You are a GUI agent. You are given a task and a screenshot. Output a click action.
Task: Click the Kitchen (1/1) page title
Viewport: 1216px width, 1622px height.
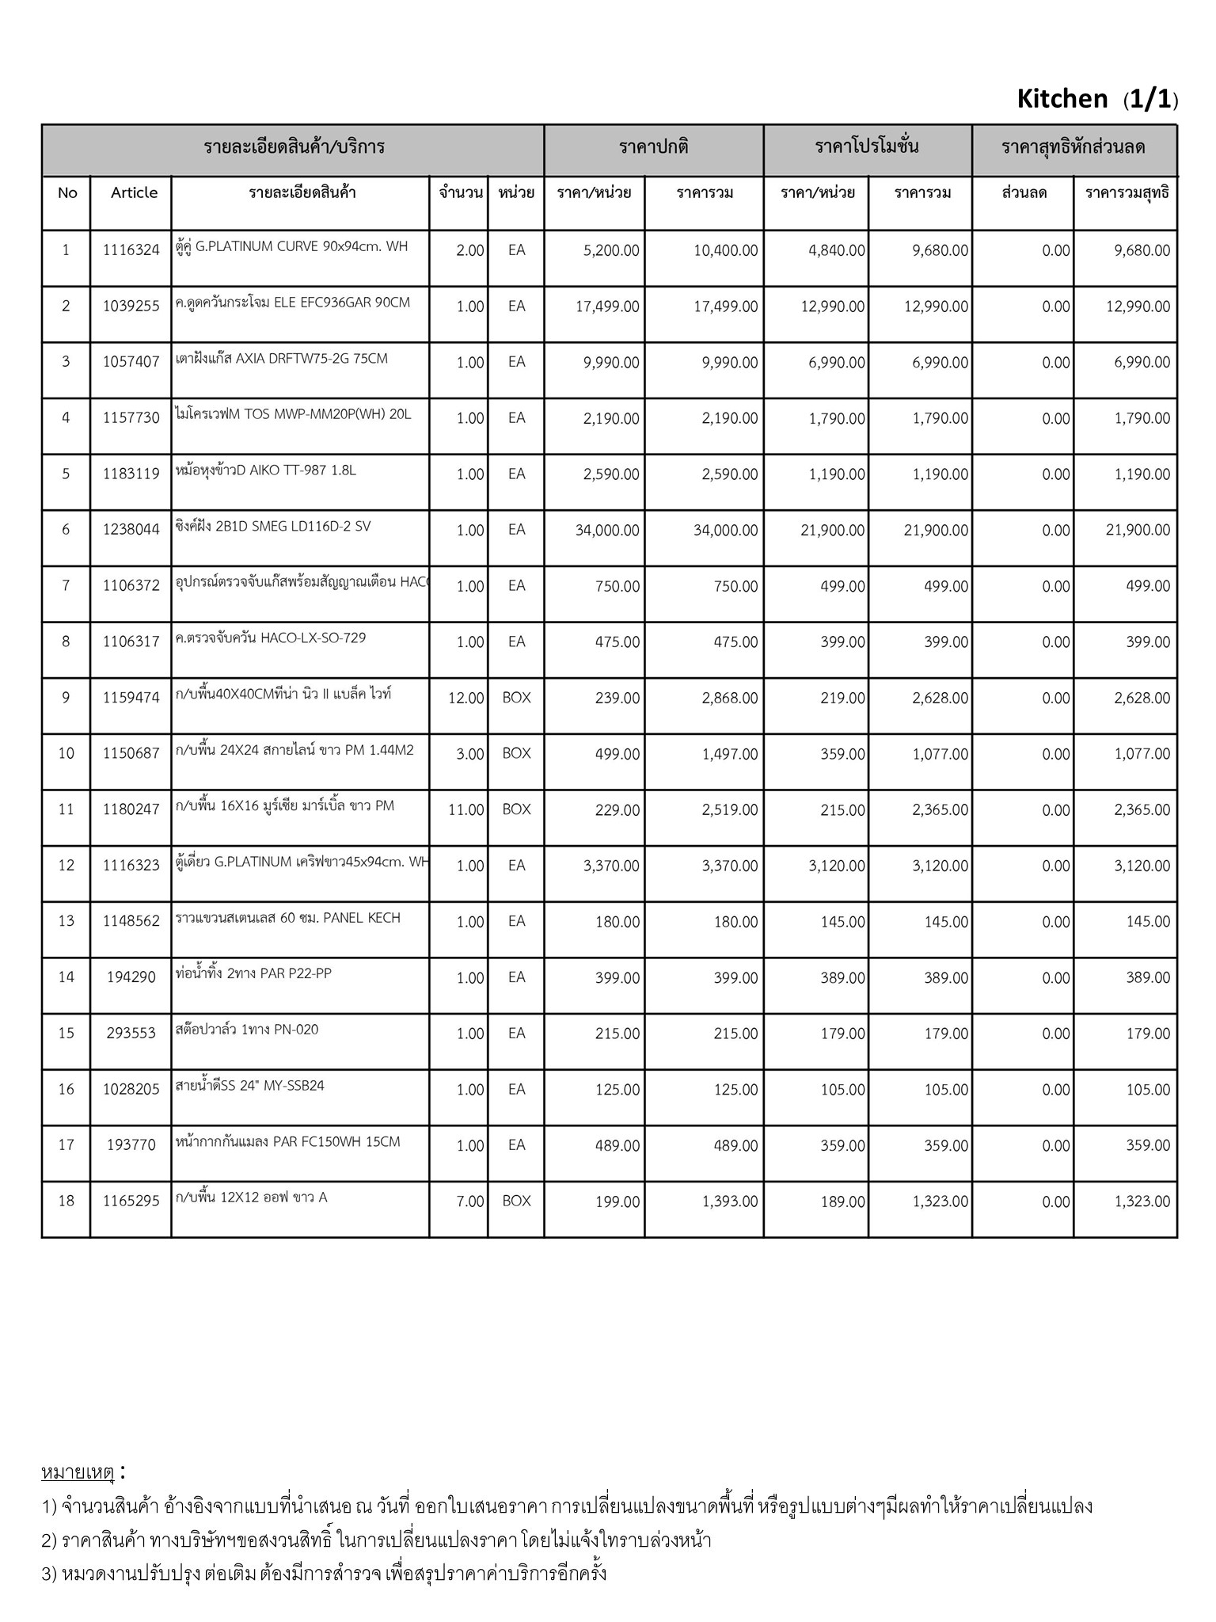tap(1096, 99)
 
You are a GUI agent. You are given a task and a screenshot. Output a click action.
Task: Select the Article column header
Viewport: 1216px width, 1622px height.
tap(134, 192)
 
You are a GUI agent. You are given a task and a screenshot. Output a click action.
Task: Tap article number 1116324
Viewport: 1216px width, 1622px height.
tap(131, 250)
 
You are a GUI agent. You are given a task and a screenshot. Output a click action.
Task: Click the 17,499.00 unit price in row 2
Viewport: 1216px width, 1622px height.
tap(607, 307)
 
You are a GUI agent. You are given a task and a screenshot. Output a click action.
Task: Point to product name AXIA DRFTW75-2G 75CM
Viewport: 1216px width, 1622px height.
tap(282, 359)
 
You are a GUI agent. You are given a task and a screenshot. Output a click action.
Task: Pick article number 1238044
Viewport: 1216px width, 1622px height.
tap(131, 530)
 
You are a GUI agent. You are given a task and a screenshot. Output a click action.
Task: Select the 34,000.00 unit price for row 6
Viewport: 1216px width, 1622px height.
tap(607, 530)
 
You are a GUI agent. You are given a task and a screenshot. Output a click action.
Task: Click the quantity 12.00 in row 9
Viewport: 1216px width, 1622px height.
tap(466, 698)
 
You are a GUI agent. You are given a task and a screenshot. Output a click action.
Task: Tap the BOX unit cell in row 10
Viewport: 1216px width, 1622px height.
tap(516, 753)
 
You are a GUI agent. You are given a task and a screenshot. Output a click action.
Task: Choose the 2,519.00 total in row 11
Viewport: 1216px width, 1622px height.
tap(729, 809)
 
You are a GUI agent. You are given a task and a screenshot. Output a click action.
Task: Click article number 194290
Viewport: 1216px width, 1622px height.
tap(131, 977)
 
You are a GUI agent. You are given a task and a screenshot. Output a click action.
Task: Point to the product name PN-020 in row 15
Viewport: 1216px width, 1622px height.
tap(247, 1030)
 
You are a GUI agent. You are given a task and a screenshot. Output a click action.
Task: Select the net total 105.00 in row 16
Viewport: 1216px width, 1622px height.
tap(1148, 1090)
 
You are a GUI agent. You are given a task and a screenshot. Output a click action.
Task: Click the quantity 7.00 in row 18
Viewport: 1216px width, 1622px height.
tap(470, 1201)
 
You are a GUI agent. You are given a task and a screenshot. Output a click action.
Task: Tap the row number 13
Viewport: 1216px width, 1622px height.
tap(66, 921)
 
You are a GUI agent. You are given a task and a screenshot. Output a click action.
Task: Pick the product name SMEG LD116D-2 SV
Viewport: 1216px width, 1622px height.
tap(272, 527)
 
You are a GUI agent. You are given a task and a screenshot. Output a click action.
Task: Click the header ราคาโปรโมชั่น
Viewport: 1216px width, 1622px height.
tap(867, 147)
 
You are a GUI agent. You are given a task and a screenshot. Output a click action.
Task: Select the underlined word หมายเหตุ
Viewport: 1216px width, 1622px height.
tap(78, 1473)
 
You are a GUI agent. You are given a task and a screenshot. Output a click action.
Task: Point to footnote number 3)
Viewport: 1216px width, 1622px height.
tap(49, 1573)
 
